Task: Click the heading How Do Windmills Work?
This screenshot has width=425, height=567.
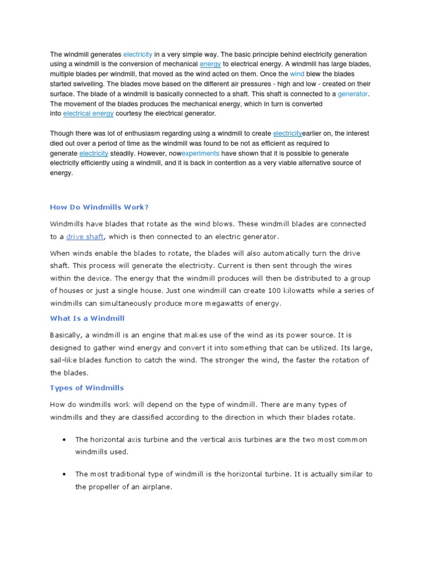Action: [100, 207]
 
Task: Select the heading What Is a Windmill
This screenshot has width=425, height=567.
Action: [87, 318]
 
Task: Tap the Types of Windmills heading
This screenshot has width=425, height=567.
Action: [87, 387]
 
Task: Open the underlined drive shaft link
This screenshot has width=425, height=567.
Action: [85, 237]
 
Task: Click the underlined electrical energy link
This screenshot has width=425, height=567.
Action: [89, 114]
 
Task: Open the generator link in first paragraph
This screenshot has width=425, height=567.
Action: [353, 94]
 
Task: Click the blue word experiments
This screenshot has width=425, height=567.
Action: [200, 153]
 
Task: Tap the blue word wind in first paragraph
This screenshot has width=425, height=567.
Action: [297, 74]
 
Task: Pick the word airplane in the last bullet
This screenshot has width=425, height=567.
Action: [156, 487]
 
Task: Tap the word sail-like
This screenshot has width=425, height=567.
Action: [64, 360]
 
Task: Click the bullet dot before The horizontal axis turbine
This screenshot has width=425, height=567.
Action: [65, 440]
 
